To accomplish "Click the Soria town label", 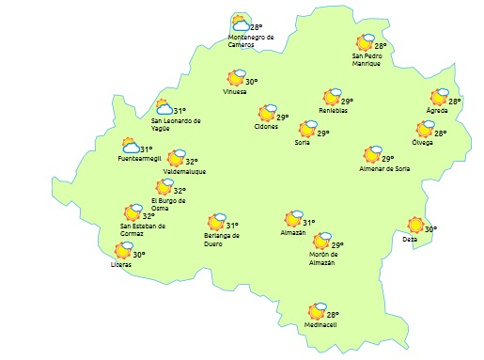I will (x=303, y=143).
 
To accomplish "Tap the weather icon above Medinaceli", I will (x=317, y=312).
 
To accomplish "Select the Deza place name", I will (x=410, y=239).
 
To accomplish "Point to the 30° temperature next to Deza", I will (x=430, y=229).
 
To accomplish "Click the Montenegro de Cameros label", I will (x=251, y=40).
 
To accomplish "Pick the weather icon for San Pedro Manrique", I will (x=365, y=42).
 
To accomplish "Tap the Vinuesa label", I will (x=235, y=92).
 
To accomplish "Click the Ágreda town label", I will (x=437, y=111).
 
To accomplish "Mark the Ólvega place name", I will (x=423, y=142).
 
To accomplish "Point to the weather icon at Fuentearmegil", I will (x=131, y=146).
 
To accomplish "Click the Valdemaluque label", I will (x=184, y=172).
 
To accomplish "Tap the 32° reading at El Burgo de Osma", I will (x=180, y=191).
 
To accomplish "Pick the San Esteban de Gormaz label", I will (x=143, y=229).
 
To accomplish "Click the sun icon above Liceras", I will (x=122, y=251).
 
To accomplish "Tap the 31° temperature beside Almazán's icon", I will (x=308, y=223).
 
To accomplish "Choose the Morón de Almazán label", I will (x=328, y=259).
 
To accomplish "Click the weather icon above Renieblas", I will (x=331, y=97).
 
